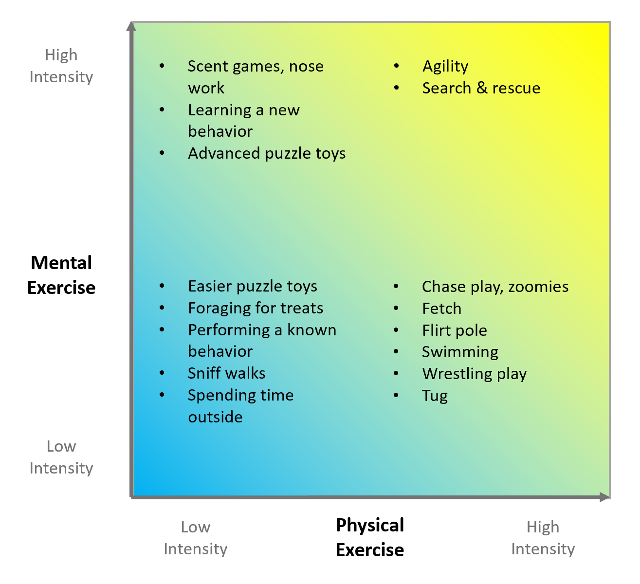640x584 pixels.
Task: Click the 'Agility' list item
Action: tap(445, 66)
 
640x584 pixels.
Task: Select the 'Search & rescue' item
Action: tap(481, 88)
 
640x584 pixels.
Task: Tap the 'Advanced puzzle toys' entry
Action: tap(267, 153)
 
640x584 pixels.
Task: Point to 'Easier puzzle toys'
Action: tap(253, 286)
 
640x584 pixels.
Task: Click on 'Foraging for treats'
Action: tap(256, 308)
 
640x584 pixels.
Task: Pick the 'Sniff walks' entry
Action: tap(227, 373)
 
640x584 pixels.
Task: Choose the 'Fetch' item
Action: tap(441, 309)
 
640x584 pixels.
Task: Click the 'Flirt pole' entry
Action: tap(455, 330)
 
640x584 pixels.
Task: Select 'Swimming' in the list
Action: tap(460, 352)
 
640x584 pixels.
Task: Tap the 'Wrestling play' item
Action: tap(475, 374)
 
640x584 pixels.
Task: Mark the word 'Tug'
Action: tap(435, 396)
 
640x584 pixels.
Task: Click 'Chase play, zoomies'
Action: tap(495, 287)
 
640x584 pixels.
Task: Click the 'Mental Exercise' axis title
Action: tap(61, 275)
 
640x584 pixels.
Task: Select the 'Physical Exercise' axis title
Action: tap(370, 537)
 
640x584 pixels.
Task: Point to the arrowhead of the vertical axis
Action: tap(131, 26)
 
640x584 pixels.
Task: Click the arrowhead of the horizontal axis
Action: tap(605, 497)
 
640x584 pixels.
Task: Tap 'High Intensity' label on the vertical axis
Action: tap(61, 66)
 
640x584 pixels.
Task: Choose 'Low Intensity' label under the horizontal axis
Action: tap(196, 538)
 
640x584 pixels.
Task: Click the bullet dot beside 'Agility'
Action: tap(397, 66)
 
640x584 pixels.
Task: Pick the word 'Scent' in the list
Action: tap(208, 66)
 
